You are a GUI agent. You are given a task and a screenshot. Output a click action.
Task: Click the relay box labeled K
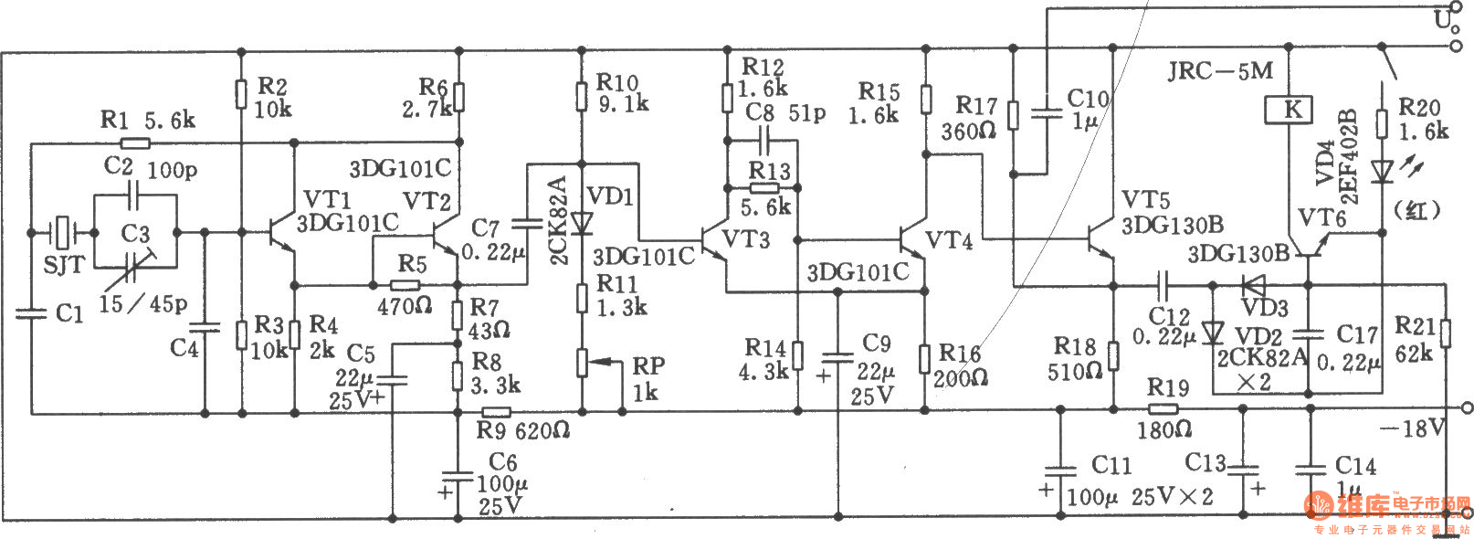pyautogui.click(x=1293, y=111)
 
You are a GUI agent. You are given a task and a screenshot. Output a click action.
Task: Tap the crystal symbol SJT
pyautogui.click(x=62, y=233)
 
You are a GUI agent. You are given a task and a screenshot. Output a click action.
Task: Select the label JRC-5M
pyautogui.click(x=1219, y=70)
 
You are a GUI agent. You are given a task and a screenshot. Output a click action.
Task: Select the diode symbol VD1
pyautogui.click(x=581, y=223)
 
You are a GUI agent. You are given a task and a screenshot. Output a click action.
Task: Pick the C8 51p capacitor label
pyautogui.click(x=785, y=112)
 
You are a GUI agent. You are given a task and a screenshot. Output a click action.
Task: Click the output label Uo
pyautogui.click(x=1447, y=18)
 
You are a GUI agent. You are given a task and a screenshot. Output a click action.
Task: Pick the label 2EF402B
pyautogui.click(x=1349, y=156)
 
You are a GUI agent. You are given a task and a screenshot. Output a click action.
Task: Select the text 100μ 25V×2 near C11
pyautogui.click(x=1140, y=497)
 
